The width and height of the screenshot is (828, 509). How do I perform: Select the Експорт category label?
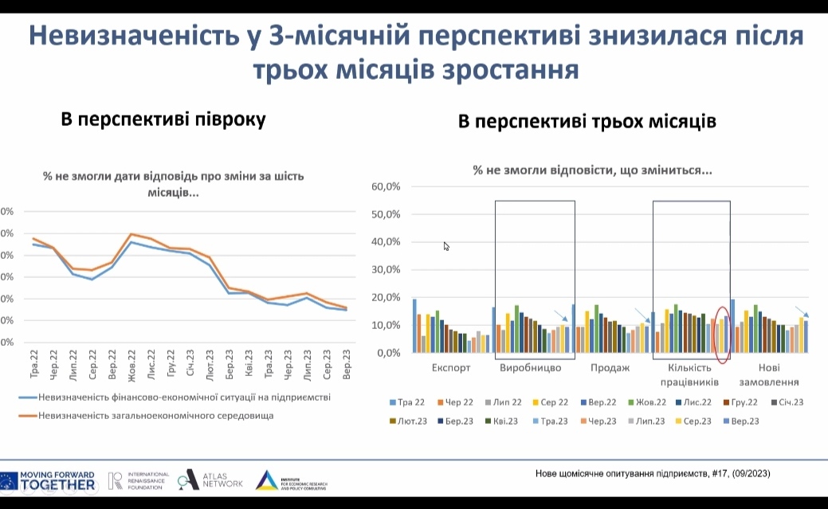(x=451, y=368)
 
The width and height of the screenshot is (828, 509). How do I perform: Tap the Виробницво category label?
(x=530, y=368)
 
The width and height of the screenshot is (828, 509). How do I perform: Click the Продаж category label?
(x=610, y=368)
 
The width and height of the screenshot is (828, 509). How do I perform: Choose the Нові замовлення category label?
(x=769, y=374)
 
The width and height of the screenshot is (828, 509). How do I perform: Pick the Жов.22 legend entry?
(x=650, y=402)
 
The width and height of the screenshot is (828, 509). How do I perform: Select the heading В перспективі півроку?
(x=163, y=119)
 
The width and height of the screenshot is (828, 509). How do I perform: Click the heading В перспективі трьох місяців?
(x=587, y=121)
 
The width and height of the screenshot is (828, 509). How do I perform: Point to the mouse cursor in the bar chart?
(x=446, y=246)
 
